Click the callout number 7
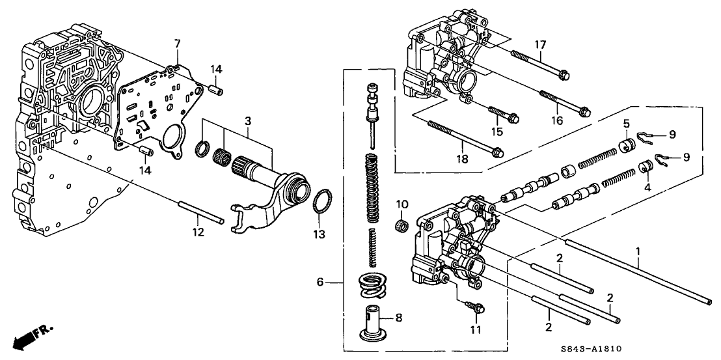click(x=176, y=44)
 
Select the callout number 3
click(x=248, y=122)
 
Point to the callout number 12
click(x=200, y=232)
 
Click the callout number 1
click(x=638, y=251)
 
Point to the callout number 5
click(x=625, y=122)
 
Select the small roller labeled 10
click(x=401, y=226)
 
